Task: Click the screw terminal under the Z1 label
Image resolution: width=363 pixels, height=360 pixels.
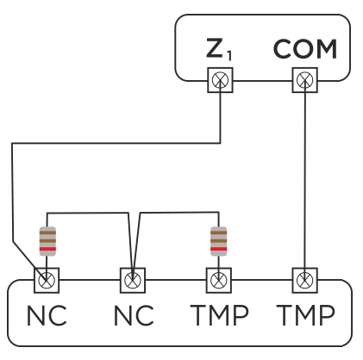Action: click(220, 82)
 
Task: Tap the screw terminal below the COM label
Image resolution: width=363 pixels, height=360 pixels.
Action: click(305, 82)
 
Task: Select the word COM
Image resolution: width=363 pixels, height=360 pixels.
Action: click(305, 50)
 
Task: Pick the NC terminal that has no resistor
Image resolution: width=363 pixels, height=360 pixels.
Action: click(132, 279)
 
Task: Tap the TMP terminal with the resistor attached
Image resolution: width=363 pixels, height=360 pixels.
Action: click(219, 279)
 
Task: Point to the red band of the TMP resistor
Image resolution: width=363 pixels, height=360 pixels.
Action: click(219, 250)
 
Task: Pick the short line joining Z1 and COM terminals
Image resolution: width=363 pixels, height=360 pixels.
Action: click(262, 82)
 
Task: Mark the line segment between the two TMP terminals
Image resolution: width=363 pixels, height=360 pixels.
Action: click(262, 279)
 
